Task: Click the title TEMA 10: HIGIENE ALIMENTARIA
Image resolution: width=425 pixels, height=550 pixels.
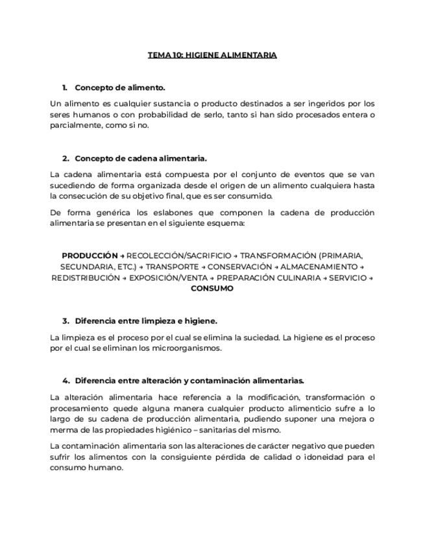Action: pos(212,55)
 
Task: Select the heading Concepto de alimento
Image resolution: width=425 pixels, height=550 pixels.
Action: pos(120,87)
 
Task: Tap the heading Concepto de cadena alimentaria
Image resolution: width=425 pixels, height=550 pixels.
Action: pos(141,158)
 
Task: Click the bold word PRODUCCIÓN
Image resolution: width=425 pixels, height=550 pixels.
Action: pos(90,256)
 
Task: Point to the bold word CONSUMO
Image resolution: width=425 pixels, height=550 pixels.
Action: pos(212,289)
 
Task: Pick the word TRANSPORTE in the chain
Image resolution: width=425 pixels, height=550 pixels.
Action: pos(172,267)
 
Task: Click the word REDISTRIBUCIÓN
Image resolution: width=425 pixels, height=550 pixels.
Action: pos(86,278)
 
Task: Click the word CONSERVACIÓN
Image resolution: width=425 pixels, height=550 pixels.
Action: pos(240,267)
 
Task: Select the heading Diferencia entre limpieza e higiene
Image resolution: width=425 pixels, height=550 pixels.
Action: pos(146,320)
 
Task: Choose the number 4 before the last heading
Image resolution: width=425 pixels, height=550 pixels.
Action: pos(65,381)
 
